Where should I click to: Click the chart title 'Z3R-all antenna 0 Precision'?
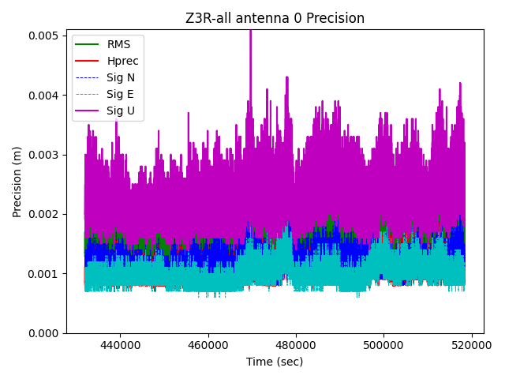[275, 18]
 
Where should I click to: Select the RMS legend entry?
[118, 44]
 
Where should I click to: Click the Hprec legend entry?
[122, 61]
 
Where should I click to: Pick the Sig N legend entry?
[121, 77]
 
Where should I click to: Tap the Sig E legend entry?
[120, 95]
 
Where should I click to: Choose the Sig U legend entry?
[120, 111]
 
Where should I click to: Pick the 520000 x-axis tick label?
[472, 346]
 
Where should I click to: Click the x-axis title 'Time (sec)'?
[275, 362]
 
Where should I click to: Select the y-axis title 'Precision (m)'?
[17, 181]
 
